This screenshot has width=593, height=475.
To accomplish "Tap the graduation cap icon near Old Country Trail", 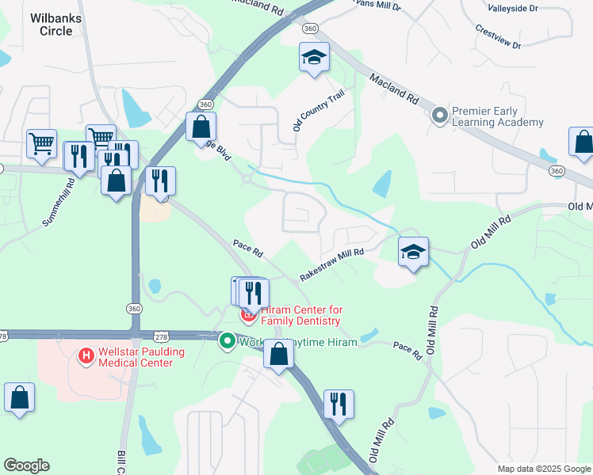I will [x=314, y=58].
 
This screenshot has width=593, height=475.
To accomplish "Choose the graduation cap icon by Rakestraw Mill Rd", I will [x=412, y=253].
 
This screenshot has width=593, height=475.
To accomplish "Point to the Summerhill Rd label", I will [x=58, y=203].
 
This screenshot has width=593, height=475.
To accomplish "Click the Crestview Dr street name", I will [x=499, y=36].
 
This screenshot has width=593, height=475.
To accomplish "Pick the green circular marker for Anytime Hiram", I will [x=227, y=341].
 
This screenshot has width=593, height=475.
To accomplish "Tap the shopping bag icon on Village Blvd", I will [x=201, y=126].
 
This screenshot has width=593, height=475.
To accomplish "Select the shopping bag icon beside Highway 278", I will [x=278, y=354].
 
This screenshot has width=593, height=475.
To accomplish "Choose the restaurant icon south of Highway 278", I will [x=339, y=404].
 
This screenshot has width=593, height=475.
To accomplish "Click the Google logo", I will [x=26, y=465].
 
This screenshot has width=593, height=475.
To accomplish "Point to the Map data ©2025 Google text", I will [x=543, y=469].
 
